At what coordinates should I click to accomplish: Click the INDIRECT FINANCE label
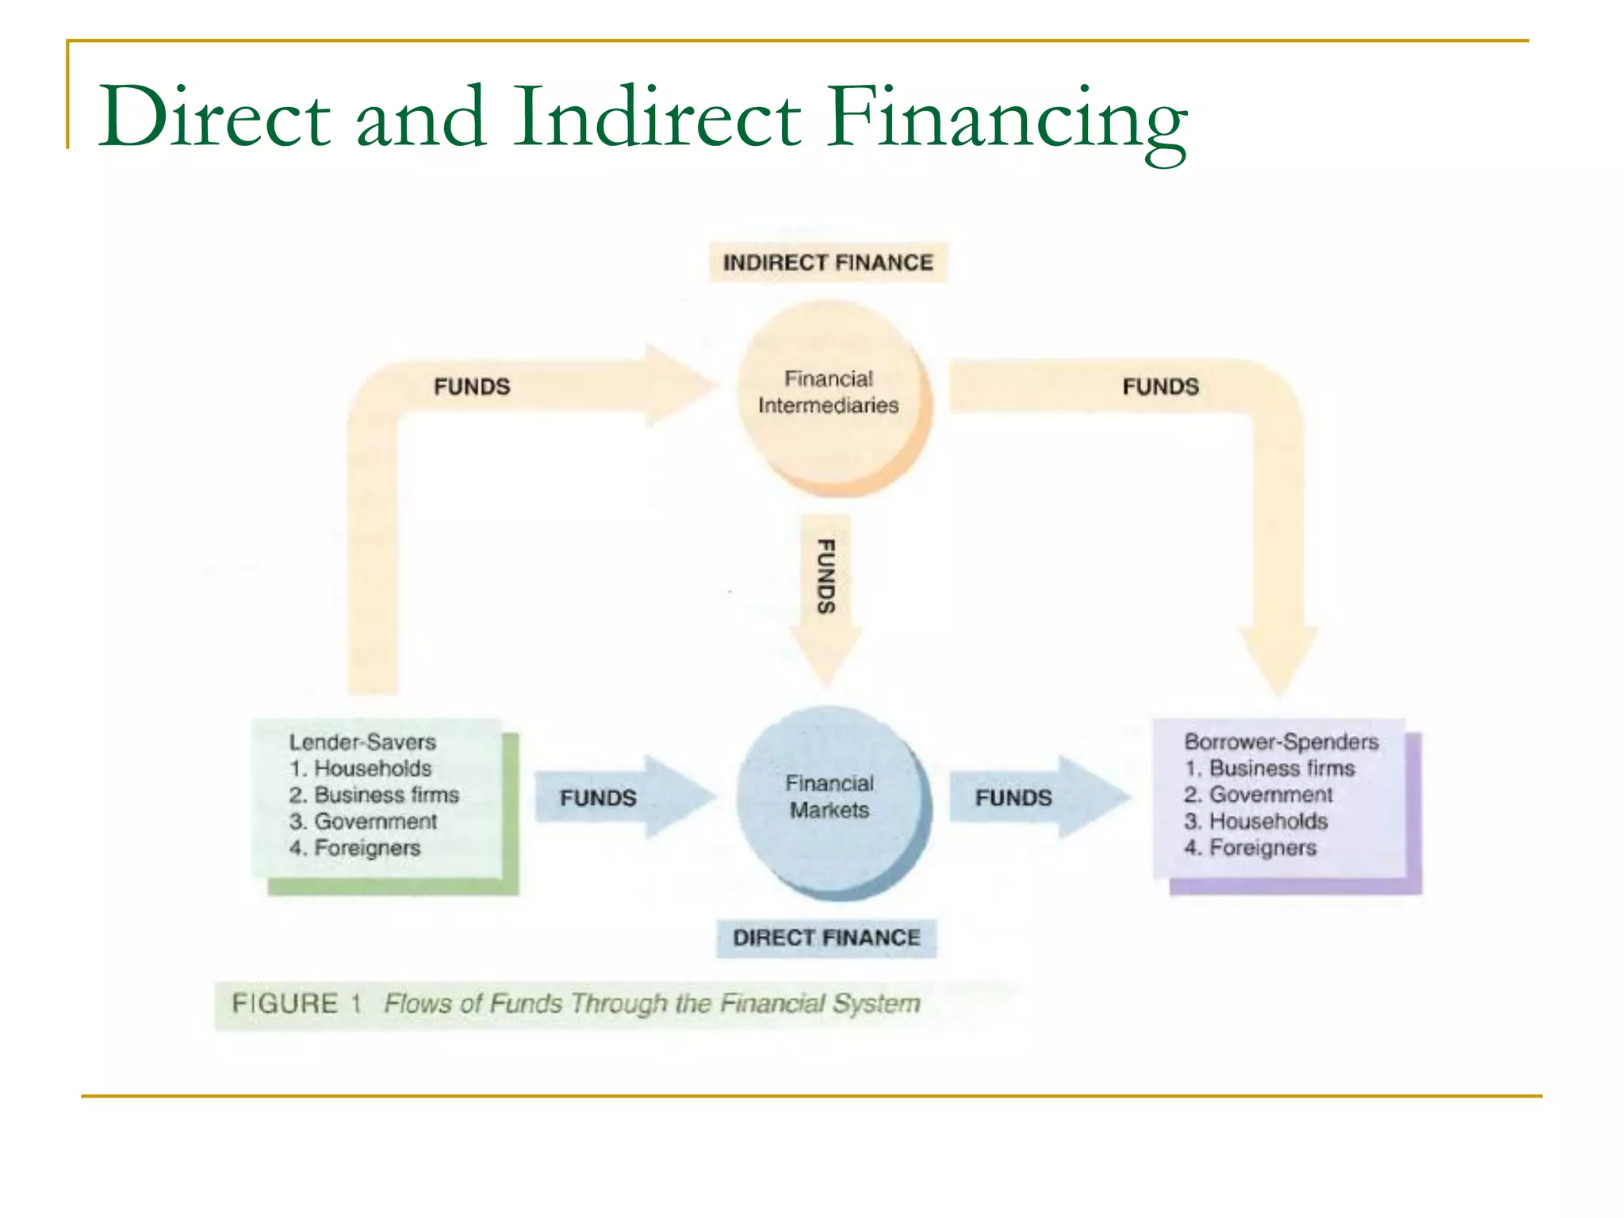pos(827,262)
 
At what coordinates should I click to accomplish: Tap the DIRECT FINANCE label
pos(826,938)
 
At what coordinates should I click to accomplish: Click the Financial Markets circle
pos(829,798)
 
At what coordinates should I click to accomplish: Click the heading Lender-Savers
pos(362,742)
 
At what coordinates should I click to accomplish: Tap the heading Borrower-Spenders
pos(1281,742)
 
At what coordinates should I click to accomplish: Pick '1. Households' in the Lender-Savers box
pos(361,768)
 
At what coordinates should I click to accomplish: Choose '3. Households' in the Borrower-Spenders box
pos(1256,822)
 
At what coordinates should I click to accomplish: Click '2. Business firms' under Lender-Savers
pos(374,795)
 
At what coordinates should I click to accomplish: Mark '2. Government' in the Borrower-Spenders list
pos(1258,795)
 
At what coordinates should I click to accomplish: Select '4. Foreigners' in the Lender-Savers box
pos(355,848)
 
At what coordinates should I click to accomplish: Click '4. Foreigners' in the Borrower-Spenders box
pos(1251,848)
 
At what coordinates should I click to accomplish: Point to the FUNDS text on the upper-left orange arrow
pos(472,387)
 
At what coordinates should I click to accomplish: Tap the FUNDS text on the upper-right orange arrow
pos(1160,387)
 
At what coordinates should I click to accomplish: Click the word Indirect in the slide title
pos(657,117)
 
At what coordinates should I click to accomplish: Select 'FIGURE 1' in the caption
pos(296,1004)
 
